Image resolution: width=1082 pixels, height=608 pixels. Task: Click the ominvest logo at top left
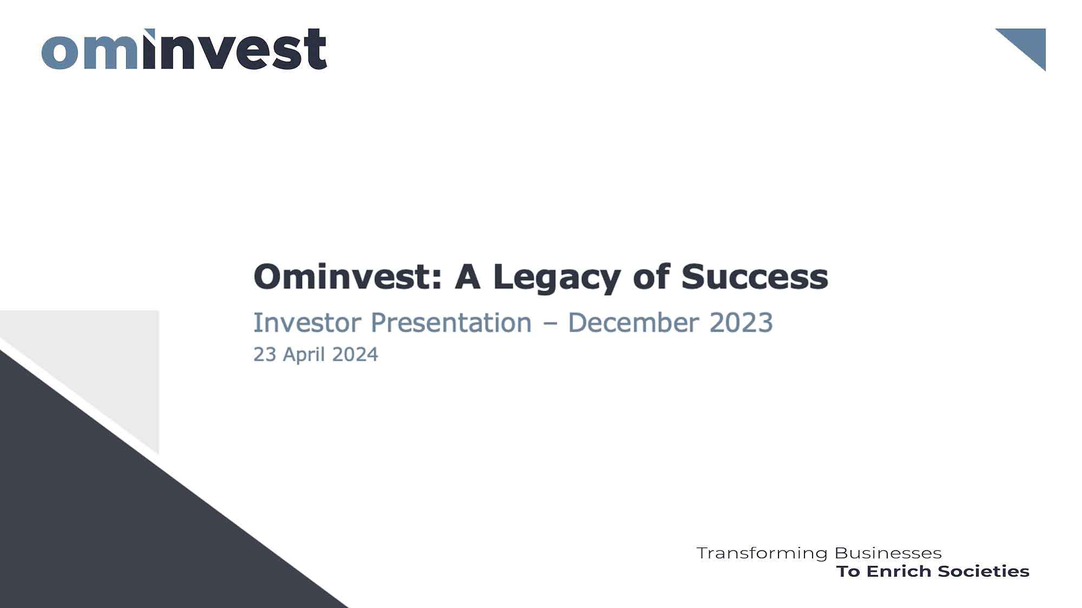click(184, 49)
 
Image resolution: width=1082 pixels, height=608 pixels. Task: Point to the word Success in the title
click(755, 277)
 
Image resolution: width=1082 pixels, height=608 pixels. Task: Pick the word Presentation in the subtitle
click(451, 323)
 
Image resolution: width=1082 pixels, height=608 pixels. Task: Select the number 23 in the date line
click(265, 355)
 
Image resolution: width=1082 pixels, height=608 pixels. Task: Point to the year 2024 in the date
click(355, 355)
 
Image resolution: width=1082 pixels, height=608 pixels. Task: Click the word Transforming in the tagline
click(762, 553)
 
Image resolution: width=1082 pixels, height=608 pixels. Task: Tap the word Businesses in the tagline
click(888, 553)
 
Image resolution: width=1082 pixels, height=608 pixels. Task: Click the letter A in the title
click(467, 277)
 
